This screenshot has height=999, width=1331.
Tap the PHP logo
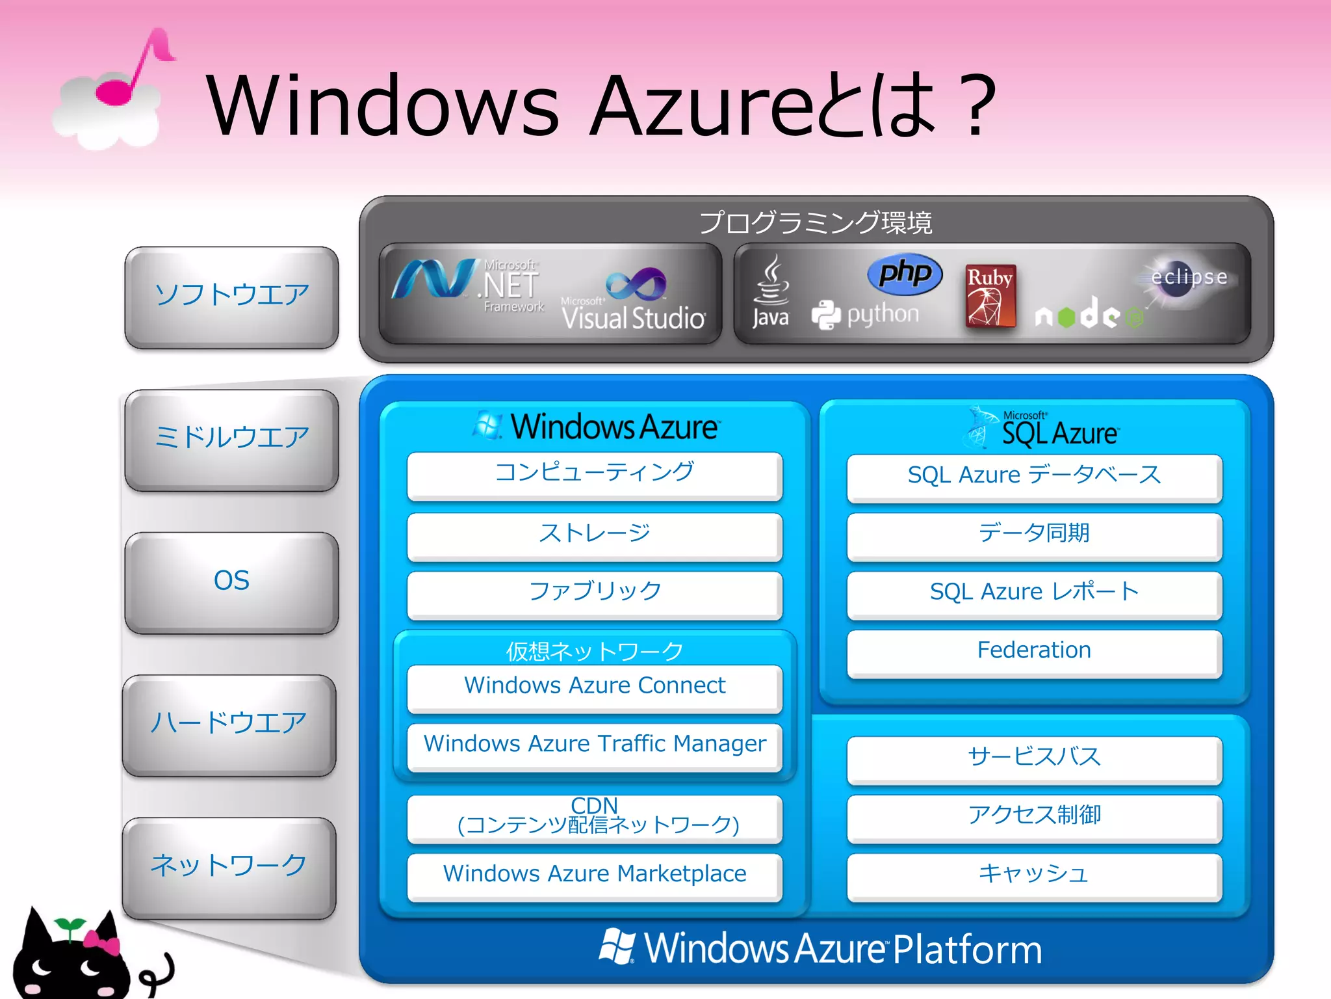point(905,273)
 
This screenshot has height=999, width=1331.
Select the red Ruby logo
point(990,296)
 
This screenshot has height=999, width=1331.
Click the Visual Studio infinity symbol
point(636,285)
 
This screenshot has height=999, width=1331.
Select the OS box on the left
point(231,581)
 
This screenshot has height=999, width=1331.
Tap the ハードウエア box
point(229,724)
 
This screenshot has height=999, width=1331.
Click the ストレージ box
point(594,535)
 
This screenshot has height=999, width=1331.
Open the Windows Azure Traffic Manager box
point(594,745)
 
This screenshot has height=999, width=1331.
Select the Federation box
point(1034,652)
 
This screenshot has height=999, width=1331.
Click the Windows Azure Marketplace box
point(594,875)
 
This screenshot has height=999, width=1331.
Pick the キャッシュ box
point(1034,875)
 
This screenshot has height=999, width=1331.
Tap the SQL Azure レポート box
point(1034,594)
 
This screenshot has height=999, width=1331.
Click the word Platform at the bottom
point(967,950)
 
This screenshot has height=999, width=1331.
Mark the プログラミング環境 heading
point(816,223)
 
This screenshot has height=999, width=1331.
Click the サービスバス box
point(1034,758)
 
